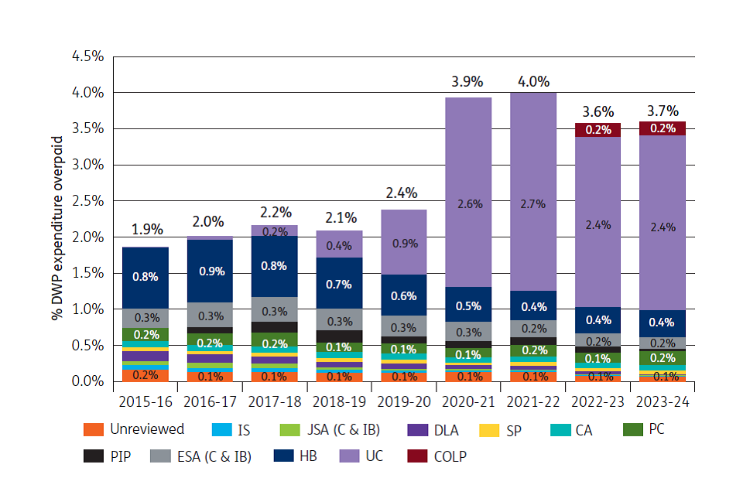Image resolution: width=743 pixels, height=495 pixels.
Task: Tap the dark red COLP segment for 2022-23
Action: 597,130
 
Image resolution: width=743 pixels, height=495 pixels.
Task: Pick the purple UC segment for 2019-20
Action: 403,242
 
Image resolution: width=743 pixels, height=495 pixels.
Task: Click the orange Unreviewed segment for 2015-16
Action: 146,375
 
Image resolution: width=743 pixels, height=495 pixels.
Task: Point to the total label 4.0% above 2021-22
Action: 533,81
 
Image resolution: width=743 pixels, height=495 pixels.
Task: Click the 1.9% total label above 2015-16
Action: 146,229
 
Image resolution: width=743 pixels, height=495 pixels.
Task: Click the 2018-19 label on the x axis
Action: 339,401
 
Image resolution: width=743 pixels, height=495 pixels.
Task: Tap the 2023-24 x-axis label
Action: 662,401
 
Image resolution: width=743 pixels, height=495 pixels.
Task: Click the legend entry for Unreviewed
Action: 135,429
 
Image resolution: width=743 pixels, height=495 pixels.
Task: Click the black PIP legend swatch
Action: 94,456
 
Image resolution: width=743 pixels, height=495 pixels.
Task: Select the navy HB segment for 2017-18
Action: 275,266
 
